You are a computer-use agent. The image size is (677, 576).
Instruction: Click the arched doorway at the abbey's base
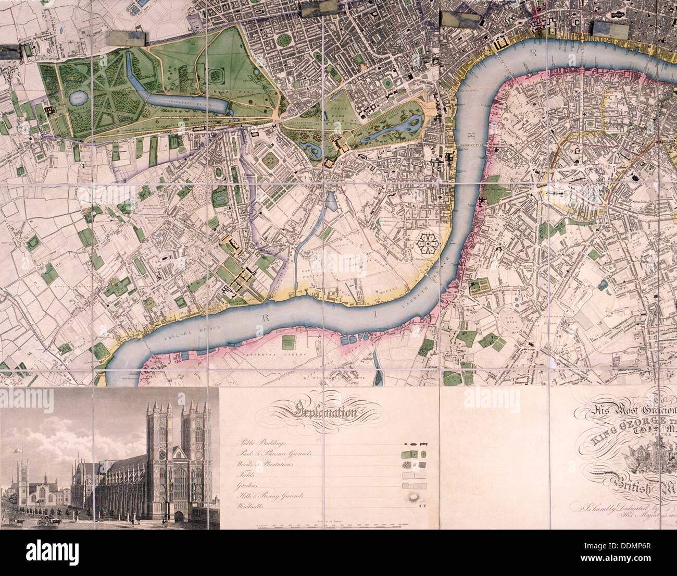coord(180,516)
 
